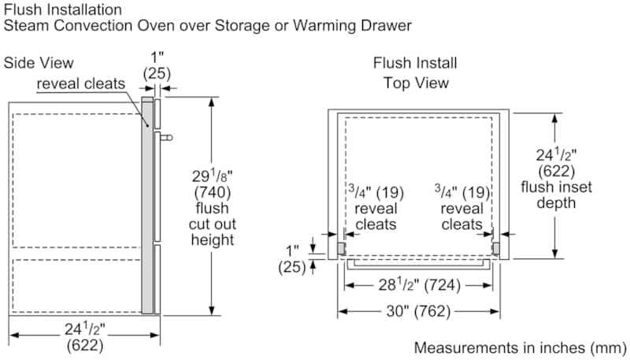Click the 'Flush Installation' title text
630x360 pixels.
tap(63, 9)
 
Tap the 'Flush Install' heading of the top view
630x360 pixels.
tap(415, 63)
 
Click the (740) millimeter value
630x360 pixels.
tap(212, 192)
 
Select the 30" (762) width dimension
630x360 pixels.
tap(418, 312)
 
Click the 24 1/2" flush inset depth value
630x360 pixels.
tap(556, 155)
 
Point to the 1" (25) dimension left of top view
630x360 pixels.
tap(292, 258)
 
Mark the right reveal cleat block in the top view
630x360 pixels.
tap(496, 248)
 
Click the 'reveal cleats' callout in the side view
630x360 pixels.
tap(83, 84)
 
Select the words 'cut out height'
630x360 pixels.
tap(212, 232)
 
